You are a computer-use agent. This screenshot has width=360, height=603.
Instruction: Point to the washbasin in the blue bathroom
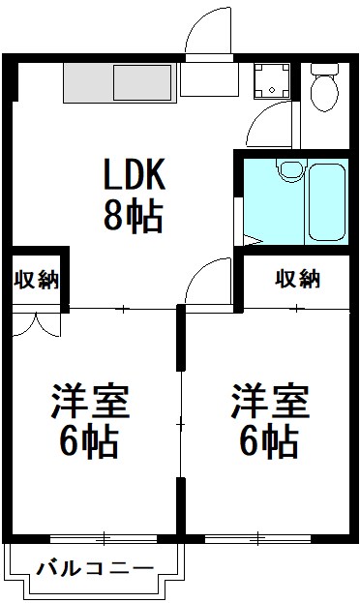click(287, 172)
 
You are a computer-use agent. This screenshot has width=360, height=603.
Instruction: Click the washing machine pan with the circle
click(271, 81)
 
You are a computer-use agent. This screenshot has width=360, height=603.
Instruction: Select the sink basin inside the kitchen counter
click(143, 82)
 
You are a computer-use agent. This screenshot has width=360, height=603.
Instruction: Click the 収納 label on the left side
click(37, 281)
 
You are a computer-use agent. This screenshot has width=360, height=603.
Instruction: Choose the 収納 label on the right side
click(297, 280)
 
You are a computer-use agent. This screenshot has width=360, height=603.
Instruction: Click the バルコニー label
click(94, 568)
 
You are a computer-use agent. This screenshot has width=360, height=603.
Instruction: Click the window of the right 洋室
click(261, 535)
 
